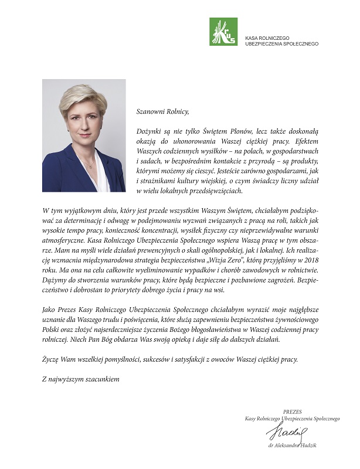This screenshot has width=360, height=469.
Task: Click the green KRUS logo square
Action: (x=223, y=32)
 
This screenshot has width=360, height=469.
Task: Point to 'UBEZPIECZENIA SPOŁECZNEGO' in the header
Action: (x=281, y=43)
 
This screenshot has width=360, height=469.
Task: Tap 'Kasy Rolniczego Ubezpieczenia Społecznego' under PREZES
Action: (x=293, y=419)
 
